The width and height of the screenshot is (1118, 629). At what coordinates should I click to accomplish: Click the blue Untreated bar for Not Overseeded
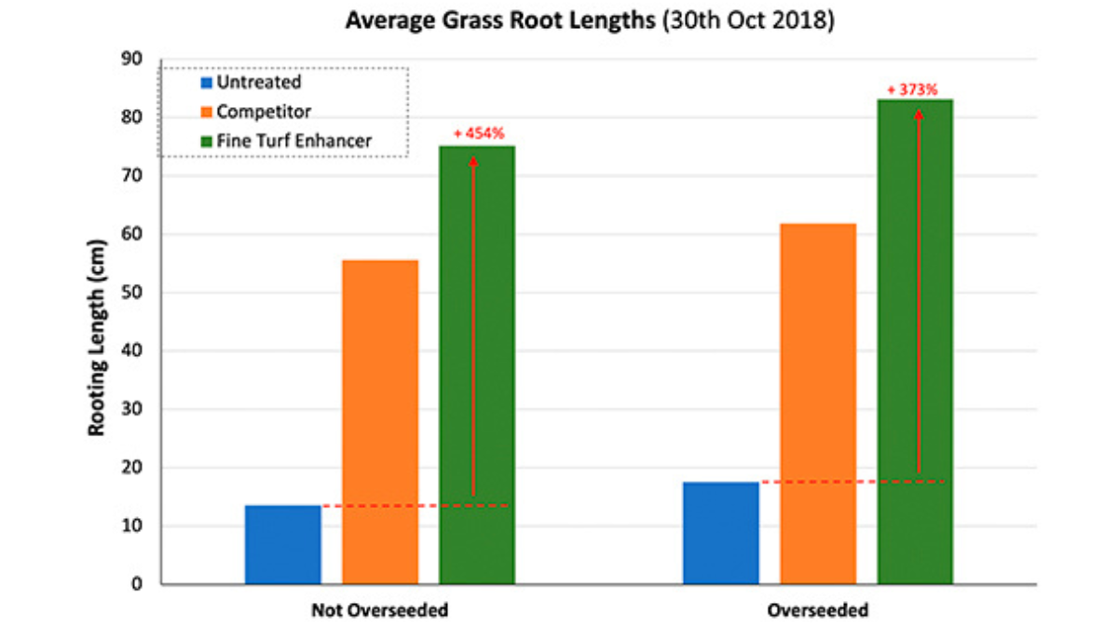282,545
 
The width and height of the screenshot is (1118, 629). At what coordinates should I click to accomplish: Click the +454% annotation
479,133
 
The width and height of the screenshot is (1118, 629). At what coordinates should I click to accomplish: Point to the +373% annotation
911,89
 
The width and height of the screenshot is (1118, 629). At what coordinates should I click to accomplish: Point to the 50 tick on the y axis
131,293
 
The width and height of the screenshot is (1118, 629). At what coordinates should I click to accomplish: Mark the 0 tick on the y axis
136,584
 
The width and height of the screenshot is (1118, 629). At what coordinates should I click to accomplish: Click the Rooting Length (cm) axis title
96,336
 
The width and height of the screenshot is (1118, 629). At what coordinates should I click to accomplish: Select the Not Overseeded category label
379,611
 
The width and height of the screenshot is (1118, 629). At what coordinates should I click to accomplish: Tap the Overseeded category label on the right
818,611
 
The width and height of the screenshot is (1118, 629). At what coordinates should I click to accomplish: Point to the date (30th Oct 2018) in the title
746,20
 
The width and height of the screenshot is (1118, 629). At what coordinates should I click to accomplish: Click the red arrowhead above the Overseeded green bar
919,115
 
